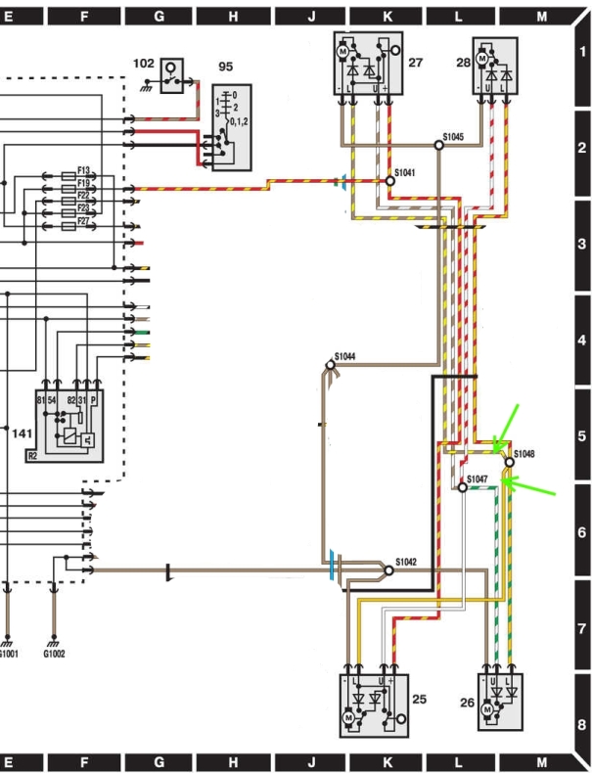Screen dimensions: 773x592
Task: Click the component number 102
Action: (143, 63)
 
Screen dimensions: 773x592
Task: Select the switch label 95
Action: (225, 67)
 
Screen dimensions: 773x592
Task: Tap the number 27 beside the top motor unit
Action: (415, 62)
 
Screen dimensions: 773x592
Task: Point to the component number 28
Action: (463, 62)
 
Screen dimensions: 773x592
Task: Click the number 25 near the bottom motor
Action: (419, 699)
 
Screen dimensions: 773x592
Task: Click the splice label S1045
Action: (453, 137)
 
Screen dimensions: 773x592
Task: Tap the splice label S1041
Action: (405, 172)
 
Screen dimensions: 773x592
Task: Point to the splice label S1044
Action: (344, 356)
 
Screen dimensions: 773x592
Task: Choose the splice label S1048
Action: (526, 454)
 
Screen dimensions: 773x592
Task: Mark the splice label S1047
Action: (478, 478)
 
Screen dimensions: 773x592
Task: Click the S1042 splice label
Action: (406, 562)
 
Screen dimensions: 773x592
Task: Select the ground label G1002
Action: (54, 654)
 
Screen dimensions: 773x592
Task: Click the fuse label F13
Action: (83, 170)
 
